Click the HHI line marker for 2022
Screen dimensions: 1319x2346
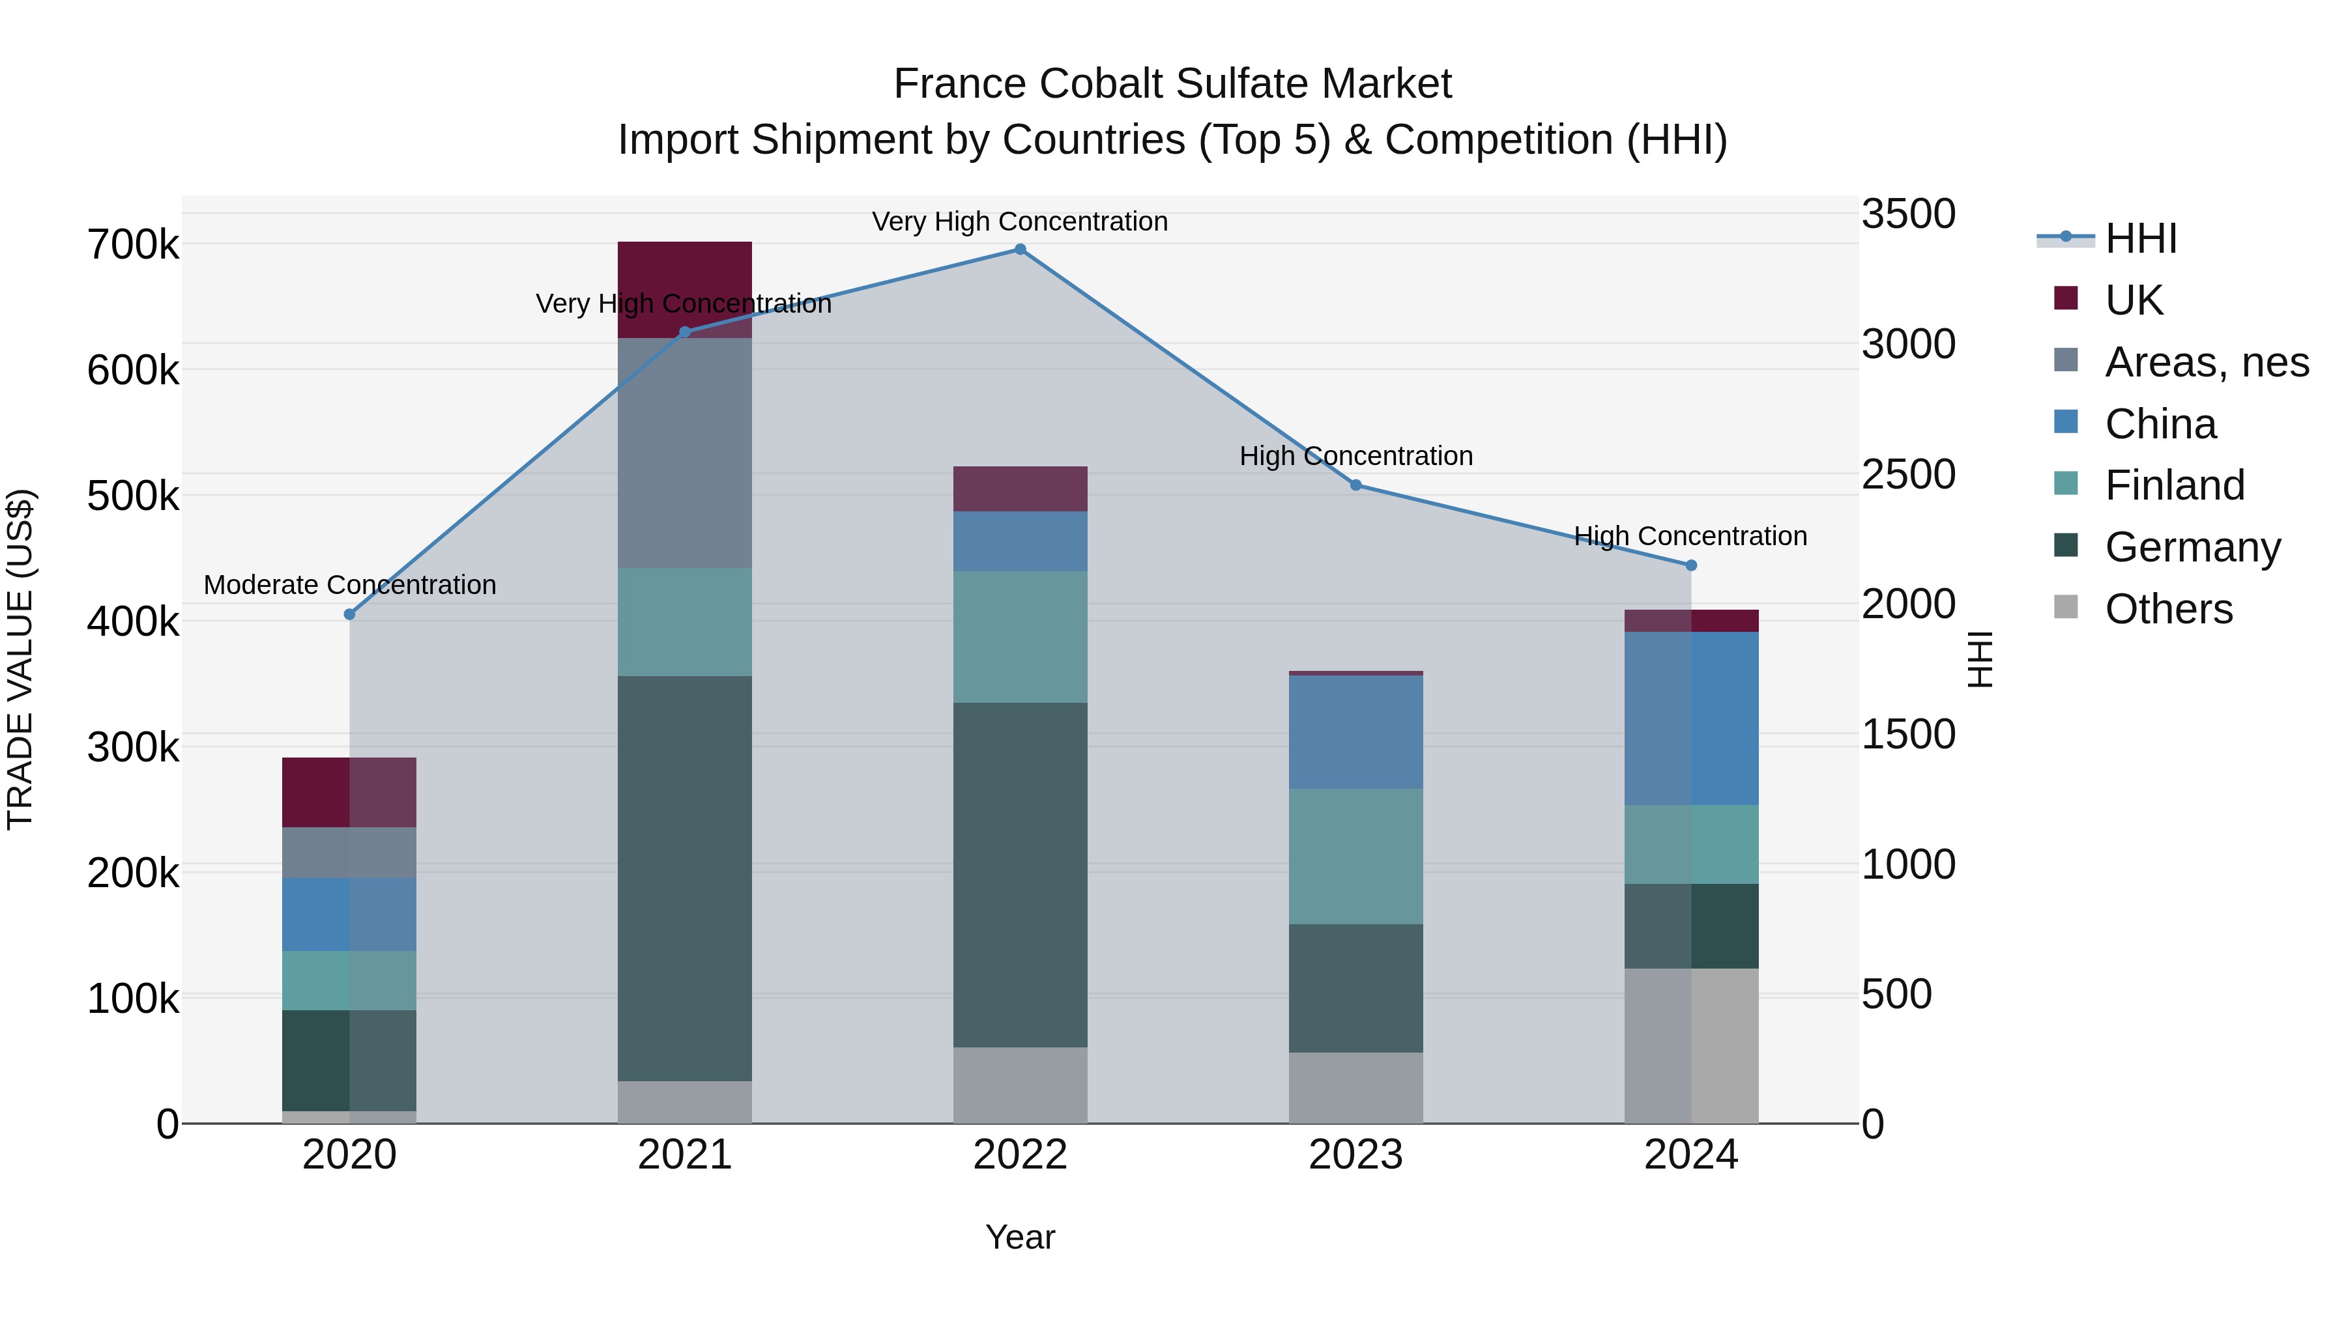(1020, 249)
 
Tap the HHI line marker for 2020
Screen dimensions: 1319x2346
(350, 614)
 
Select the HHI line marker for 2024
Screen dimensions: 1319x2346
(1691, 565)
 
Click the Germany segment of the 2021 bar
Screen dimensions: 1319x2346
(685, 879)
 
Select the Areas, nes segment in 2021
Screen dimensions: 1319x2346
(685, 453)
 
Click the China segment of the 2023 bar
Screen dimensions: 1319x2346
(1356, 732)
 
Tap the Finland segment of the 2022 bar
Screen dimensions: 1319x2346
(1020, 637)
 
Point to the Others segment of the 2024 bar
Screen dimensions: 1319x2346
(1691, 1046)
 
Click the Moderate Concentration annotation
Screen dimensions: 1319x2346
(350, 586)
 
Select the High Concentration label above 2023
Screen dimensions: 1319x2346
(1356, 456)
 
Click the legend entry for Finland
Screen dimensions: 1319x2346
(2174, 485)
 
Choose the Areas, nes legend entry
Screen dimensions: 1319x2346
(2206, 362)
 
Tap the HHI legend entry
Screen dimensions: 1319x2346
(2140, 238)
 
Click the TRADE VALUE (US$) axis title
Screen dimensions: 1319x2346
(21, 659)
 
